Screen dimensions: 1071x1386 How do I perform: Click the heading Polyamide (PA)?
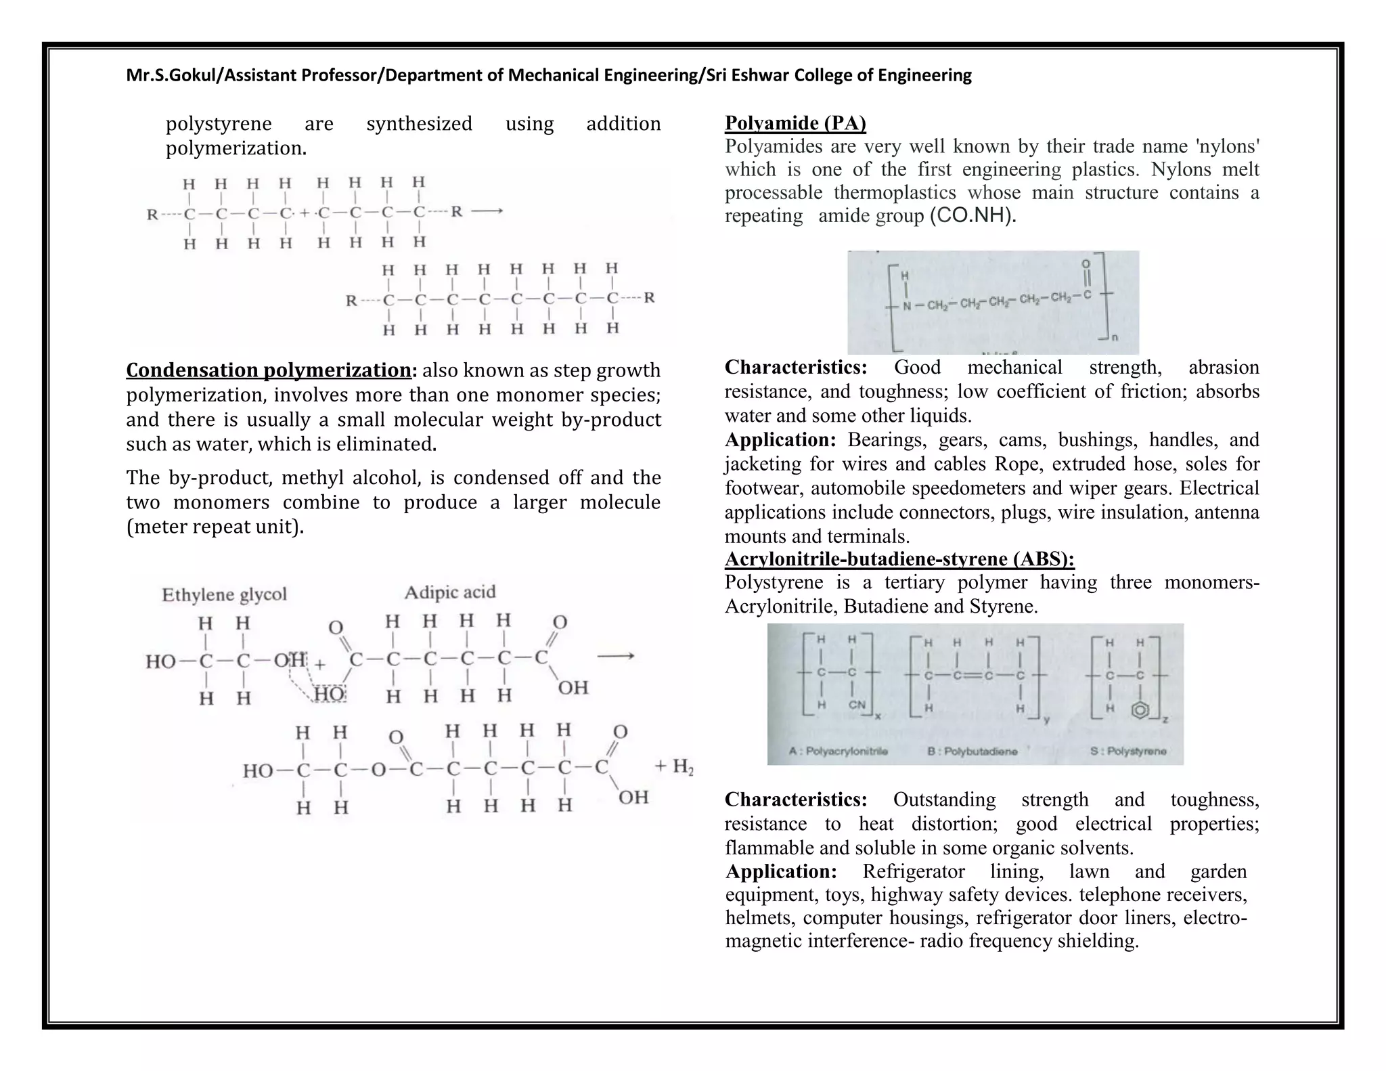795,123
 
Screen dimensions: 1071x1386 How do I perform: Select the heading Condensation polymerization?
269,370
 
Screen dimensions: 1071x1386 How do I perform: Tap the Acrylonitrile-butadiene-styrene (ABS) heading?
899,559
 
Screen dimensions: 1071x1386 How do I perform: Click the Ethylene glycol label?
224,594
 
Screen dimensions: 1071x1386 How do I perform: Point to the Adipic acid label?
450,592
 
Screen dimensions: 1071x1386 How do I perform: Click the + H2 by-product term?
674,766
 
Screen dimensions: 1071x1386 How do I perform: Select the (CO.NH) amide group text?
973,216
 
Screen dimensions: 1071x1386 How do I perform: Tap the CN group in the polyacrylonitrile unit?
857,705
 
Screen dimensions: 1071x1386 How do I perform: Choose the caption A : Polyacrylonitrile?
839,751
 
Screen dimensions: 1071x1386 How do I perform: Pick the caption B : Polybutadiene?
973,751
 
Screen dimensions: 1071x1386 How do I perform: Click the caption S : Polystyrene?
1128,751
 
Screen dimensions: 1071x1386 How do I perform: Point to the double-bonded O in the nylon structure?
1086,263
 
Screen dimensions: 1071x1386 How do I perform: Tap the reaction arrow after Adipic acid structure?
615,656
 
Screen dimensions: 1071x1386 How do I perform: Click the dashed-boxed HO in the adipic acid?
330,694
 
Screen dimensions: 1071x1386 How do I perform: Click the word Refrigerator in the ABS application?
913,871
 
